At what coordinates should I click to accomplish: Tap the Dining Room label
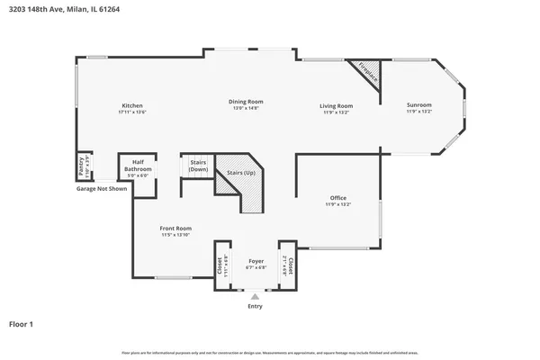pos(245,102)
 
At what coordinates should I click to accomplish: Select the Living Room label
pos(334,106)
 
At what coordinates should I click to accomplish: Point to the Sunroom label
pos(419,106)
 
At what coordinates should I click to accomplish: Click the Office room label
pos(337,198)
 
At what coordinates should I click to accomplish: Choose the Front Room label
pos(176,229)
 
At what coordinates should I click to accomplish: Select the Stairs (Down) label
pos(198,166)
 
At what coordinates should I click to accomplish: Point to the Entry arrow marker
pos(256,295)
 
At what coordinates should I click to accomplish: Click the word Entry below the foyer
pos(256,307)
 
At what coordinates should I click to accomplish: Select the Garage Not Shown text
pos(101,188)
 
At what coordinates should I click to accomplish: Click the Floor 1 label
pos(22,323)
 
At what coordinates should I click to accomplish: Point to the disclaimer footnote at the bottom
pos(270,351)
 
